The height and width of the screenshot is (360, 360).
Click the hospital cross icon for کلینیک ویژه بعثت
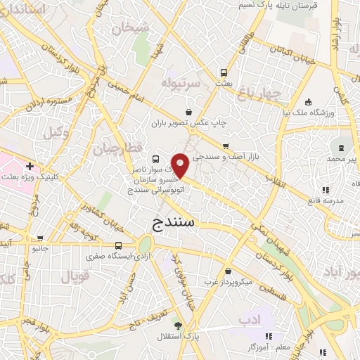[30, 167]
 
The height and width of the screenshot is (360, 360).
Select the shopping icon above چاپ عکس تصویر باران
[188, 111]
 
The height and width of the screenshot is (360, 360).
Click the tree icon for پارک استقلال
[178, 326]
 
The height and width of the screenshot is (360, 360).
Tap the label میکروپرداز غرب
[207, 282]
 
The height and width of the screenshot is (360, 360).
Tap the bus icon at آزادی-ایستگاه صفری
[118, 245]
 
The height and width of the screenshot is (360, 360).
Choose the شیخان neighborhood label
[136, 29]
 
